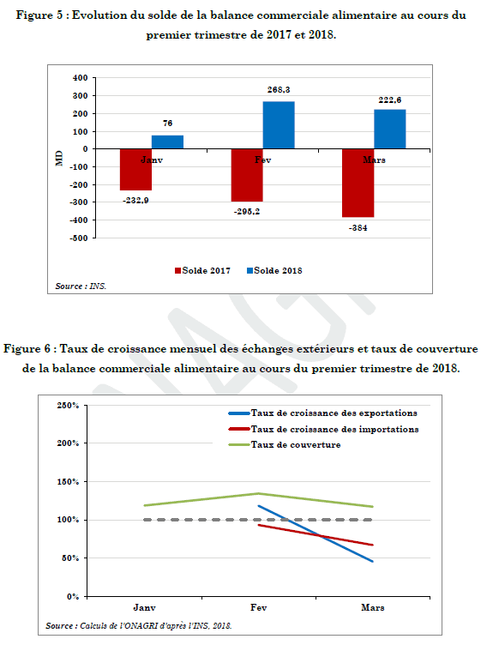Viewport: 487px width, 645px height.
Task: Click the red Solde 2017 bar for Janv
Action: coord(135,170)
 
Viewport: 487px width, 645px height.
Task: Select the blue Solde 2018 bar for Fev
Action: coord(279,125)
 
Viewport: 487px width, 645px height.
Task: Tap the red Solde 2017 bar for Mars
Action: coord(358,183)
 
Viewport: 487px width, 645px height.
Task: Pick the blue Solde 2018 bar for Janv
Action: coord(167,142)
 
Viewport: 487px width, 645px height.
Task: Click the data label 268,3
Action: coord(279,90)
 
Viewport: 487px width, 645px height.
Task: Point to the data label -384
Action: coord(358,228)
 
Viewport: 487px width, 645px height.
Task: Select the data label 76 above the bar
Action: coord(167,123)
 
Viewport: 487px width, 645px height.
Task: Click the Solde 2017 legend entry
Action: coord(202,271)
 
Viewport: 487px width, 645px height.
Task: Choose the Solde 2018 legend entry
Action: coord(274,271)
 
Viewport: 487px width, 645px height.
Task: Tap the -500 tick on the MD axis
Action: coord(78,238)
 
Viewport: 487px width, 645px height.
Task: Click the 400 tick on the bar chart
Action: coord(81,78)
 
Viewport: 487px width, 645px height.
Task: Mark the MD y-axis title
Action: coord(60,158)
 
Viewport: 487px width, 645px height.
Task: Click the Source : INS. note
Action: coord(81,286)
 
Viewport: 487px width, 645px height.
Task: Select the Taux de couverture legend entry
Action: coord(285,444)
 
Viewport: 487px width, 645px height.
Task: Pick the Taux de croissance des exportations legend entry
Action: coord(323,413)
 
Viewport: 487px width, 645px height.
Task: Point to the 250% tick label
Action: coord(68,406)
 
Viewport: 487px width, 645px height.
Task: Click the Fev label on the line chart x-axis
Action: coord(259,607)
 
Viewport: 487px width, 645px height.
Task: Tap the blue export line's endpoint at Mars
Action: coord(372,561)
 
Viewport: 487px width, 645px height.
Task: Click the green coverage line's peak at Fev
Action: coord(258,493)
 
